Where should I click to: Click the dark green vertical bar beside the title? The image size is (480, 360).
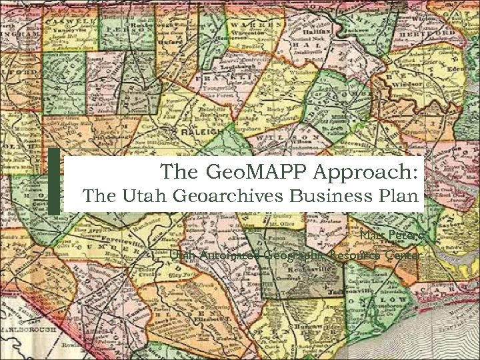click(x=54, y=181)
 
